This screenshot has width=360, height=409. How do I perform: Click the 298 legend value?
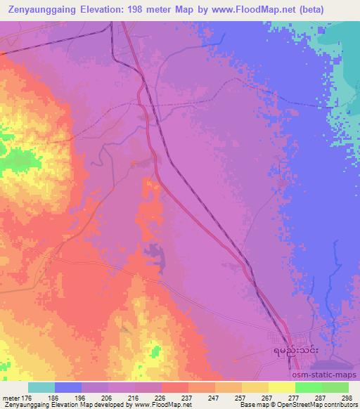pos(345,397)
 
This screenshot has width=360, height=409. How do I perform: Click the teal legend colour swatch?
pos(41,387)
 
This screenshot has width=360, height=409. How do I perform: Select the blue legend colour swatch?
pos(69,387)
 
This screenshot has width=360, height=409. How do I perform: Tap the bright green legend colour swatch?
pos(308,387)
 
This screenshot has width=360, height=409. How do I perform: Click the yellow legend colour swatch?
pos(281,387)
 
